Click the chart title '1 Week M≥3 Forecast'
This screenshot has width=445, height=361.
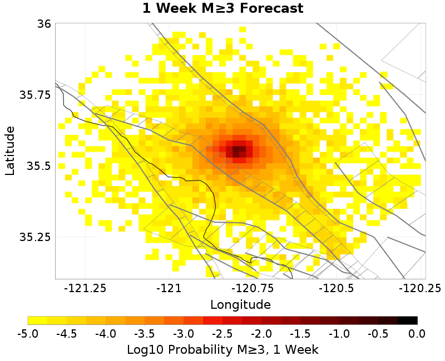(x=222, y=9)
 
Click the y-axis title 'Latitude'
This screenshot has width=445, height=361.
(x=10, y=151)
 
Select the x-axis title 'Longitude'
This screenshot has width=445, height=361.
(x=240, y=304)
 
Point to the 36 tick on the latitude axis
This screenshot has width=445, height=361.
(x=44, y=24)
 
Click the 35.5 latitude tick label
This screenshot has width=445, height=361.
(x=38, y=166)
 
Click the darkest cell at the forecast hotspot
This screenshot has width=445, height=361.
(x=236, y=150)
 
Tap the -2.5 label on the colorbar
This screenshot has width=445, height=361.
(x=222, y=333)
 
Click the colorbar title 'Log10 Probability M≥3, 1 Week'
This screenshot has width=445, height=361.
(x=222, y=349)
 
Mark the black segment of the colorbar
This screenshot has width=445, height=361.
(x=408, y=320)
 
